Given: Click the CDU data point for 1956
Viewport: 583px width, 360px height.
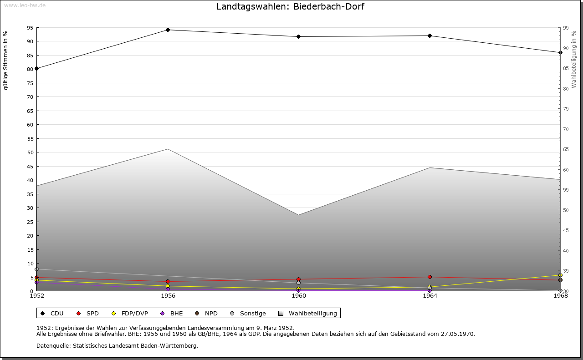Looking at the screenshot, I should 168,30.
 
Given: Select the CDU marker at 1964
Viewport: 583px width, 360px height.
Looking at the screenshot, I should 430,35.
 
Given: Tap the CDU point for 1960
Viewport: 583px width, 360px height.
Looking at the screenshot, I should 298,36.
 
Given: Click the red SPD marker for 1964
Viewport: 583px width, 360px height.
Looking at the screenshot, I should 430,277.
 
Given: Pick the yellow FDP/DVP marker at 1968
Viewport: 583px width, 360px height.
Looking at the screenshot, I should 560,275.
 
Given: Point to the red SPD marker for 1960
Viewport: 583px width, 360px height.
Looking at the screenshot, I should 298,279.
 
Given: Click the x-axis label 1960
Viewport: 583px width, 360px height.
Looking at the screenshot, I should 299,296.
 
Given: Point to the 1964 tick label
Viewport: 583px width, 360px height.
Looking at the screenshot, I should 430,296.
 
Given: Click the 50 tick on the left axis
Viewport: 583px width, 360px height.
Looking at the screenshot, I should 30,152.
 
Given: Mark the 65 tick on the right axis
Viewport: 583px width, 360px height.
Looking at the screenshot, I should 566,149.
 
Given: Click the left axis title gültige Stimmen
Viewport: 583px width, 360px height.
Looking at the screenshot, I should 5,60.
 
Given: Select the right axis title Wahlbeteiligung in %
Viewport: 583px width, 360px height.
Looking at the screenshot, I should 574,60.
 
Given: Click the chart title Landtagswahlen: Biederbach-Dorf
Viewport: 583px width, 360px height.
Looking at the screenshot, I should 290,6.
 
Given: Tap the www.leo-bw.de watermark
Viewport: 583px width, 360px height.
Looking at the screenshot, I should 24,5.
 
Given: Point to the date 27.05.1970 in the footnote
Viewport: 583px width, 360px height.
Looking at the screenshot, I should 457,334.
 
